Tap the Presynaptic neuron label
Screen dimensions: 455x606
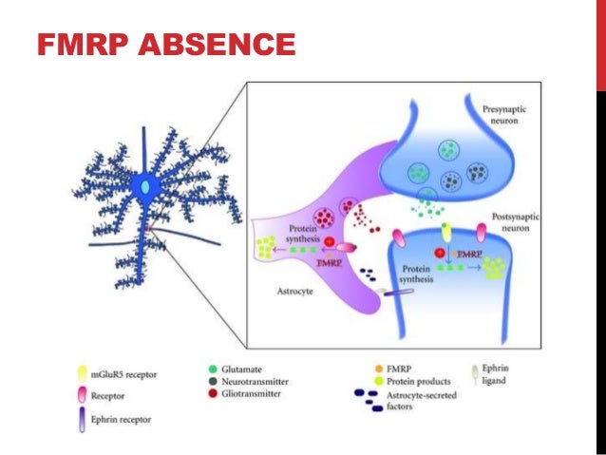(528, 116)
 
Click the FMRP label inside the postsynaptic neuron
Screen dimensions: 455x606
(468, 255)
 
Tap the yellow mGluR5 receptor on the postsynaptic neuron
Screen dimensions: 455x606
(445, 231)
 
